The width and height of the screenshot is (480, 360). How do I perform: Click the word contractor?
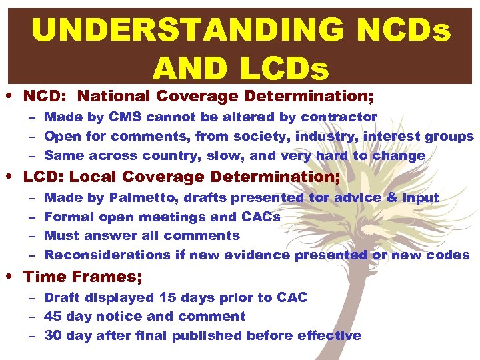click(x=339, y=117)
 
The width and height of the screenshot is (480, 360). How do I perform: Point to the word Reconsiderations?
click(x=107, y=255)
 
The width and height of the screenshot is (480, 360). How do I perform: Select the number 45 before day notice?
click(x=53, y=317)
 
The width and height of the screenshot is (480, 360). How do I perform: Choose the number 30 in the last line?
click(x=53, y=336)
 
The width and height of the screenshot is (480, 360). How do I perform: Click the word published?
click(x=207, y=336)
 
